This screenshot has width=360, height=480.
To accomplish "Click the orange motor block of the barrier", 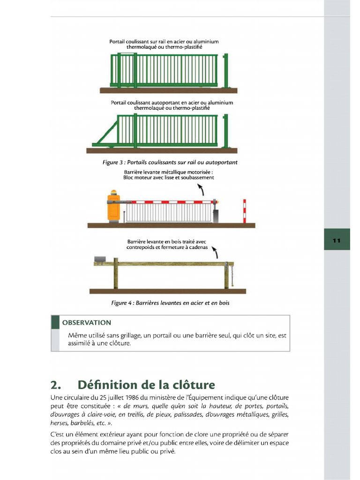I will (114, 208).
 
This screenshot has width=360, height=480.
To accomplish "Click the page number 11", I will (337, 240).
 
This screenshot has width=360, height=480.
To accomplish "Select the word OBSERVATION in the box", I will (87, 322).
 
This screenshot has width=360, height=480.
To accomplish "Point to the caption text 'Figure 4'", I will (121, 303).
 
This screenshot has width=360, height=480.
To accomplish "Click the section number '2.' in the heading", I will (56, 385).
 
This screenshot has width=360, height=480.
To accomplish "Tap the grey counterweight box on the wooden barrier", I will (100, 259).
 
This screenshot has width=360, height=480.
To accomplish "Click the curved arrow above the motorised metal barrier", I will (201, 189).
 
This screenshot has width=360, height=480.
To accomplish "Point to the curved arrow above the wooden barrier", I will (215, 253).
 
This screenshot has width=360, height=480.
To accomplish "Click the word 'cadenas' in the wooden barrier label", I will (196, 247).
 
